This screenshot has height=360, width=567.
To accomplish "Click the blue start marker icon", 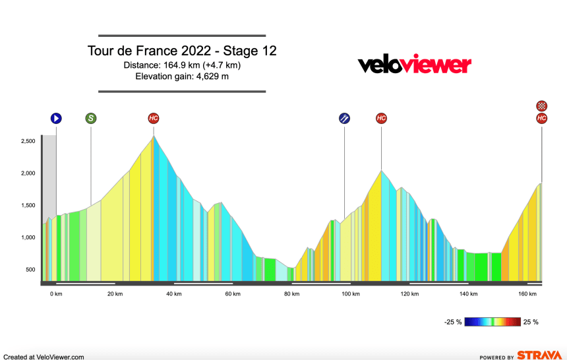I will (56, 119).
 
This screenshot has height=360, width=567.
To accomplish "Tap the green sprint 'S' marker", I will (90, 119).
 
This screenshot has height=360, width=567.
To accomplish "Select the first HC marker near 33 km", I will (154, 119).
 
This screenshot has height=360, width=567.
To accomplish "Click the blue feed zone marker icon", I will (344, 119).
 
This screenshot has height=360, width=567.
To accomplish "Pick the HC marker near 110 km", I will (381, 119).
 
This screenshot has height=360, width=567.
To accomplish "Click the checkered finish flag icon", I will (542, 105).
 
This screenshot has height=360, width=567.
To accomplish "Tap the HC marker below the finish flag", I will (542, 119).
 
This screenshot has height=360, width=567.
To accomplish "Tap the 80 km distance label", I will (291, 294).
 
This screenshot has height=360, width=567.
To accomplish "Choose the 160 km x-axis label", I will (527, 294).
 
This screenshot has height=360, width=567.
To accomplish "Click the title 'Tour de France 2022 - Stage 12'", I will (181, 51).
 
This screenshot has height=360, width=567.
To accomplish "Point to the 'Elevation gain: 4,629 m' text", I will (181, 76).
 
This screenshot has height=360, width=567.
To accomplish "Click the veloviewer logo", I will (414, 65).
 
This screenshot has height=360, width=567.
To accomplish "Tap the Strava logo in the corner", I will (539, 355).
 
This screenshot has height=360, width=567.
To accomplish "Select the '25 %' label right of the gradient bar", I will (531, 322).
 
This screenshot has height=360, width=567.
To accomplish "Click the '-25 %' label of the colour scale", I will (452, 322).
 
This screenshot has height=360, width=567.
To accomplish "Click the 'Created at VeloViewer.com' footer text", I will (44, 357).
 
